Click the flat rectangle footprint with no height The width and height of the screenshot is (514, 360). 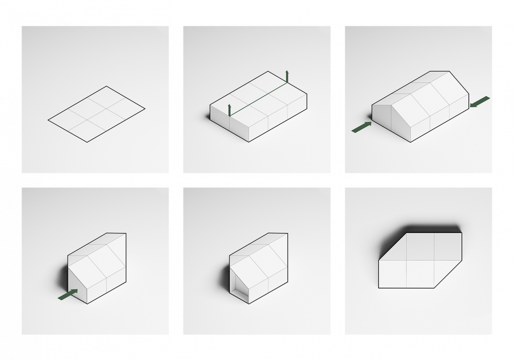(x=97, y=114)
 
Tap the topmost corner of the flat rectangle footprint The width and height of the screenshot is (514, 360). (x=106, y=86)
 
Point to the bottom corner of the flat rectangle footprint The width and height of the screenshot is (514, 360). (x=87, y=142)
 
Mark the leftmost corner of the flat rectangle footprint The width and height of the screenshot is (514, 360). (x=48, y=120)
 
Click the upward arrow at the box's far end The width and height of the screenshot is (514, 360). (x=287, y=76)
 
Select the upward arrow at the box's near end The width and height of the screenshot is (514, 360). (x=229, y=109)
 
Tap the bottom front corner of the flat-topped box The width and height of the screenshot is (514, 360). (x=249, y=141)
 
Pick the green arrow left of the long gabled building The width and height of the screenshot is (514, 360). (x=361, y=127)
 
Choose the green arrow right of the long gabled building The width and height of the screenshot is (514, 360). (x=480, y=102)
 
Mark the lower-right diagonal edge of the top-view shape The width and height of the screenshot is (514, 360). (x=448, y=275)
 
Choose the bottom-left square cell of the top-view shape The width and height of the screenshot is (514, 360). (x=393, y=274)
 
